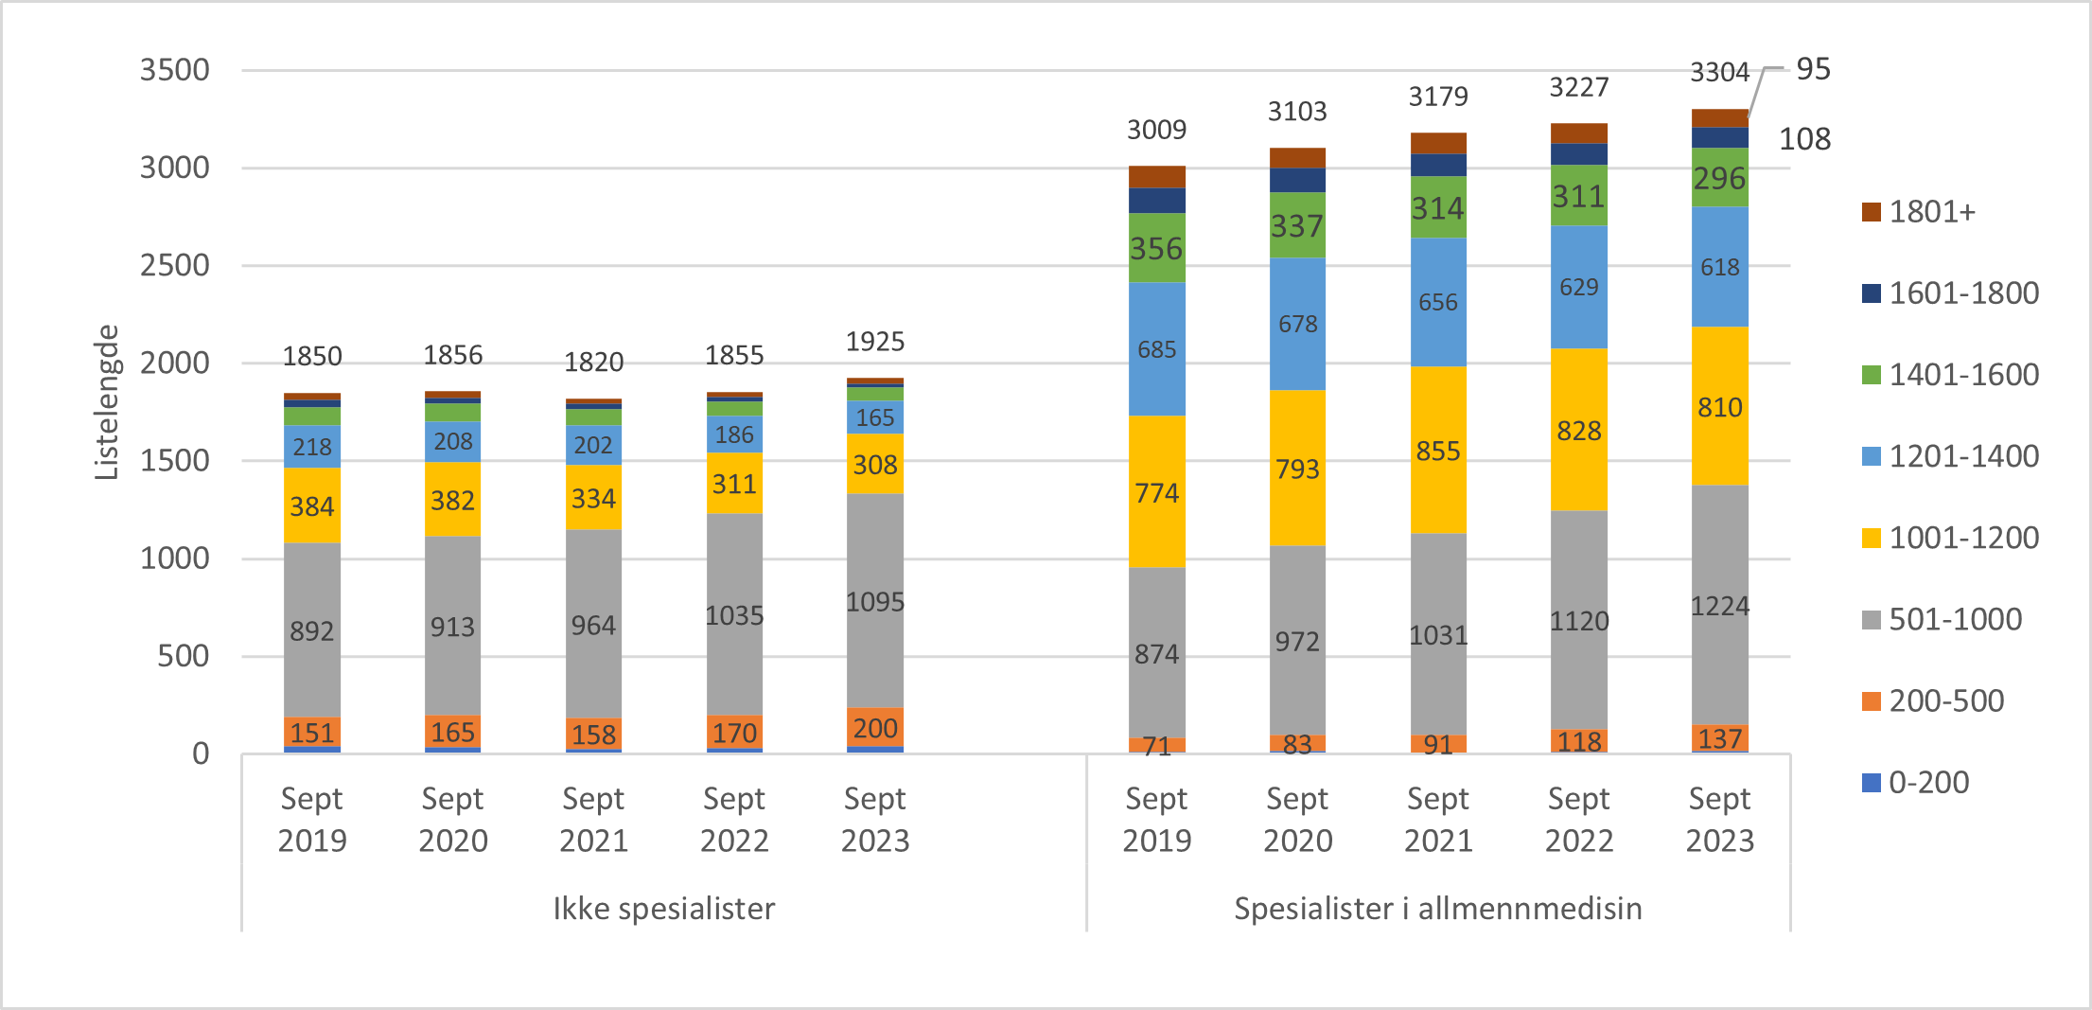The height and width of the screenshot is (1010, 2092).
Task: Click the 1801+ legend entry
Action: [x=1930, y=212]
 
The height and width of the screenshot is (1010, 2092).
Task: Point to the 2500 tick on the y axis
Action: [x=175, y=266]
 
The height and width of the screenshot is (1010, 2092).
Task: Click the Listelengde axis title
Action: [x=107, y=402]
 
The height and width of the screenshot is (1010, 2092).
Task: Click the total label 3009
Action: [x=1156, y=130]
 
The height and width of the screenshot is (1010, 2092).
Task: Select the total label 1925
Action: [x=875, y=342]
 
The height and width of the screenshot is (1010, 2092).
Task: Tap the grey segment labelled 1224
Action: [x=1720, y=606]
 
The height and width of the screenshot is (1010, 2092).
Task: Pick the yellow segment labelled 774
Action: [x=1156, y=493]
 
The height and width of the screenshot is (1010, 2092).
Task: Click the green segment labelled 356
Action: [x=1156, y=249]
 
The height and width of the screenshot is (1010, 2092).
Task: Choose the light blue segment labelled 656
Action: [x=1438, y=303]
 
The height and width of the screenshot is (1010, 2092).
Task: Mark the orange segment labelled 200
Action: [x=875, y=728]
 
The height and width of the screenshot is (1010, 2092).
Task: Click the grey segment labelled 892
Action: [x=312, y=631]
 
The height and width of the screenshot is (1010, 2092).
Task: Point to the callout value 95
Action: [x=1813, y=69]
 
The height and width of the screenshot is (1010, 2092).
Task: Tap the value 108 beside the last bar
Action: [x=1804, y=139]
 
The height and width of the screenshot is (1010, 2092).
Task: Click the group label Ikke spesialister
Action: [x=664, y=909]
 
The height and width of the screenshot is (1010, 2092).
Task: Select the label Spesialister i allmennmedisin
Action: [x=1438, y=909]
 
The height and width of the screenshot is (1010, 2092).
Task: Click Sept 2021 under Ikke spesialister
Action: [x=594, y=820]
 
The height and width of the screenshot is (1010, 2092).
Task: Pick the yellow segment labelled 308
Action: [x=875, y=465]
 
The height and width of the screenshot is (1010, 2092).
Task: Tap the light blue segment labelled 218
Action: [x=312, y=447]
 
